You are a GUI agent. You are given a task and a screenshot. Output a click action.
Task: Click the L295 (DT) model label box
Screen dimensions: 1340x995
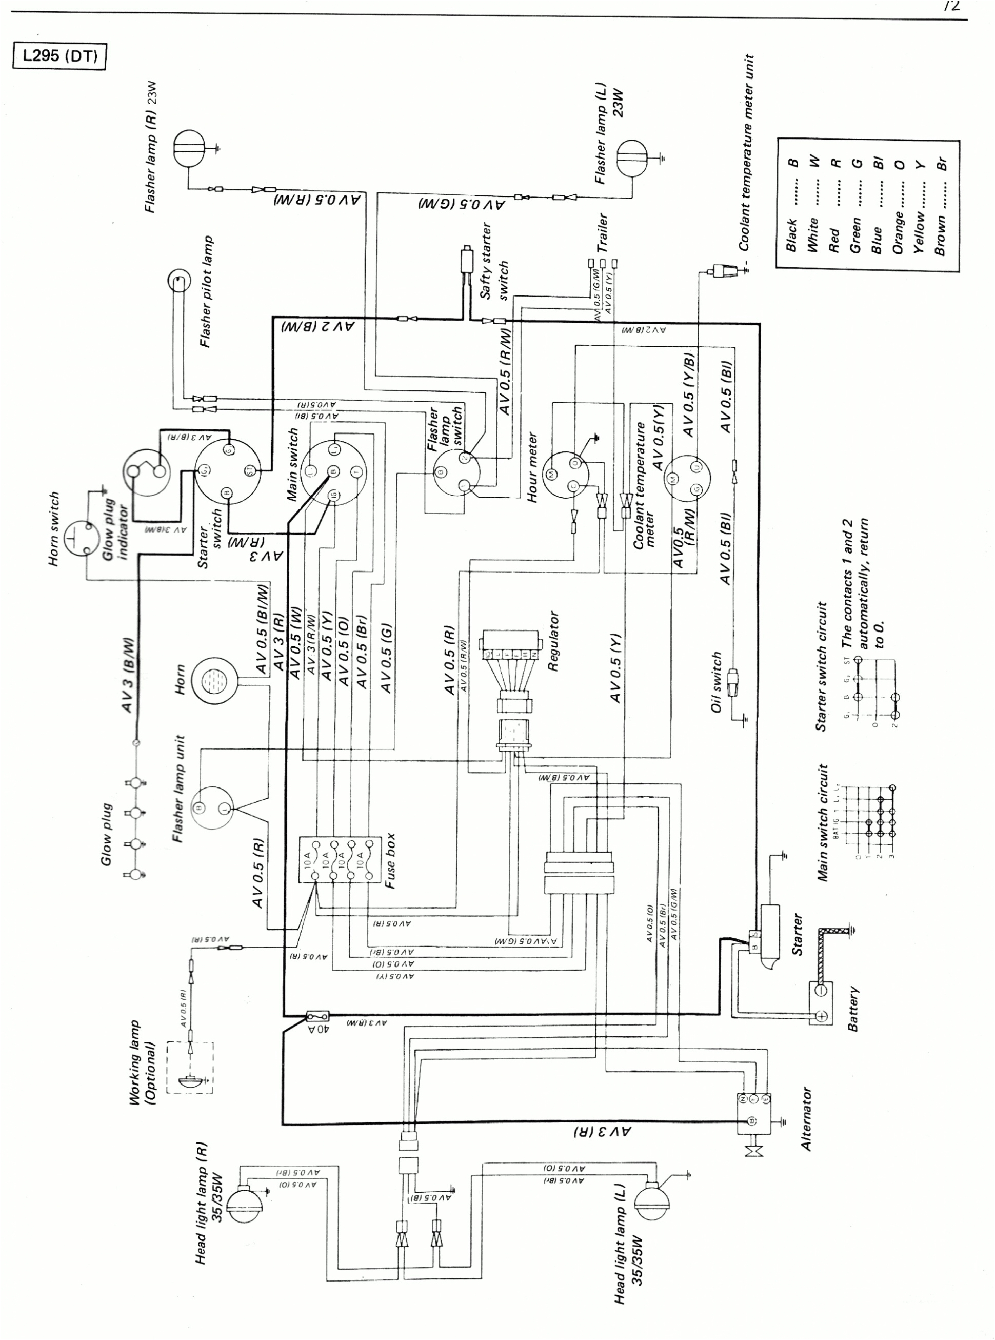tap(59, 56)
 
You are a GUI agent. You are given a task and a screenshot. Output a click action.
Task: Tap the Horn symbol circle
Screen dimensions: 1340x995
tap(214, 681)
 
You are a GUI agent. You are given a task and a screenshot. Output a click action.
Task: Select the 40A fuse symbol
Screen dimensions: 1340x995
tap(318, 1016)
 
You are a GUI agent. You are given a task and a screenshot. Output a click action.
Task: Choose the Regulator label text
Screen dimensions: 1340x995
tap(553, 642)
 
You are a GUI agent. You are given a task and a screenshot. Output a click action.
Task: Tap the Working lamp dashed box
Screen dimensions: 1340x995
tap(190, 1067)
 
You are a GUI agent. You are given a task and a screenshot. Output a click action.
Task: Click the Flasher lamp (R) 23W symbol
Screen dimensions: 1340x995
tap(189, 148)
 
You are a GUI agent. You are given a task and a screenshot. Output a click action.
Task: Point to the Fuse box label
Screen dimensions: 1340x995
tap(390, 861)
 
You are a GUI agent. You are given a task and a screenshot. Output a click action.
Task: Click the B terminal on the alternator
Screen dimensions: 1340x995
tap(751, 1120)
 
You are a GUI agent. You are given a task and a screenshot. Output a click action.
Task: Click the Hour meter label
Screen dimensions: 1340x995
tap(532, 467)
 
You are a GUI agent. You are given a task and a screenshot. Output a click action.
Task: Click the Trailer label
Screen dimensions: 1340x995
tap(602, 232)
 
